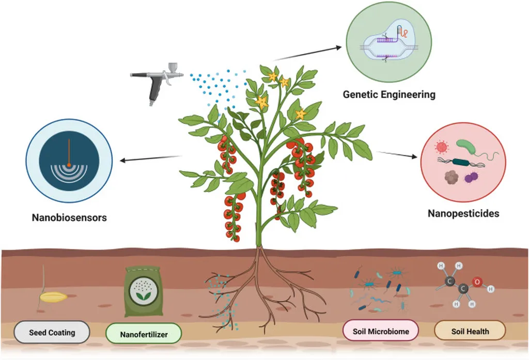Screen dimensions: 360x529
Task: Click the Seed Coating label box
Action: (x=52, y=332)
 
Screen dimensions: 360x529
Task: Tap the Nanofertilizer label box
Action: (x=143, y=334)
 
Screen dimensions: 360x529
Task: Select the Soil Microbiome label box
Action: (x=381, y=331)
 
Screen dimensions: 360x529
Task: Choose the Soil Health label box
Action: (x=470, y=331)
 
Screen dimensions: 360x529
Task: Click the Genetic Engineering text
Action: (x=389, y=95)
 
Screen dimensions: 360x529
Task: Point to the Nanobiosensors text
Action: (x=69, y=217)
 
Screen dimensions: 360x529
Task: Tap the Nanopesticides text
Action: (x=463, y=212)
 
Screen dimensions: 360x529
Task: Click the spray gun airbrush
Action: (x=155, y=81)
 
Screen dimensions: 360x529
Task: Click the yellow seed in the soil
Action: (x=54, y=298)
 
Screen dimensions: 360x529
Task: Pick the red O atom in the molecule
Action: (x=477, y=282)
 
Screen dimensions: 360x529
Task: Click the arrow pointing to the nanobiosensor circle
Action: (x=150, y=159)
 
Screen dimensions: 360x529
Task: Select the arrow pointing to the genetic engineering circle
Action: (x=308, y=54)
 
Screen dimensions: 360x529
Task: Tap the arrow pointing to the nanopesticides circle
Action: (x=397, y=154)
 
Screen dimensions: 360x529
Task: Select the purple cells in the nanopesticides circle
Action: (x=471, y=178)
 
